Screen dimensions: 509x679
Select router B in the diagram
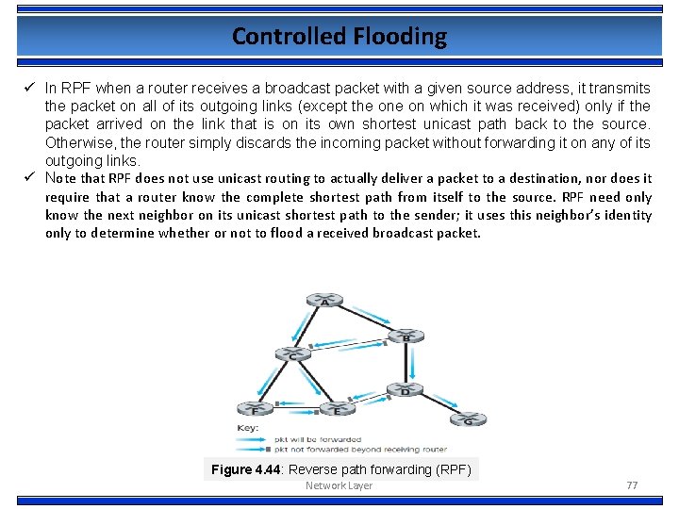coord(406,336)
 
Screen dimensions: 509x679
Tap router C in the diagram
coord(292,355)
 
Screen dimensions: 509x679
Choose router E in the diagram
coord(337,410)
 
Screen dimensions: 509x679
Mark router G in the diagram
coord(469,419)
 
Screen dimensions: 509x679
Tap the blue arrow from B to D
coord(413,362)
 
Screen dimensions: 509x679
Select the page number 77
coord(632,485)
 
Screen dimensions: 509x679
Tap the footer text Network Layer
coord(339,485)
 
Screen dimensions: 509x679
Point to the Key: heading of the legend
coord(247,428)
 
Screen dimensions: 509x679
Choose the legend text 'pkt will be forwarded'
coord(317,439)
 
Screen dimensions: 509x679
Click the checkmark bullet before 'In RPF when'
coord(30,88)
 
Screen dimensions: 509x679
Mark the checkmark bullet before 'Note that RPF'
coord(30,178)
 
